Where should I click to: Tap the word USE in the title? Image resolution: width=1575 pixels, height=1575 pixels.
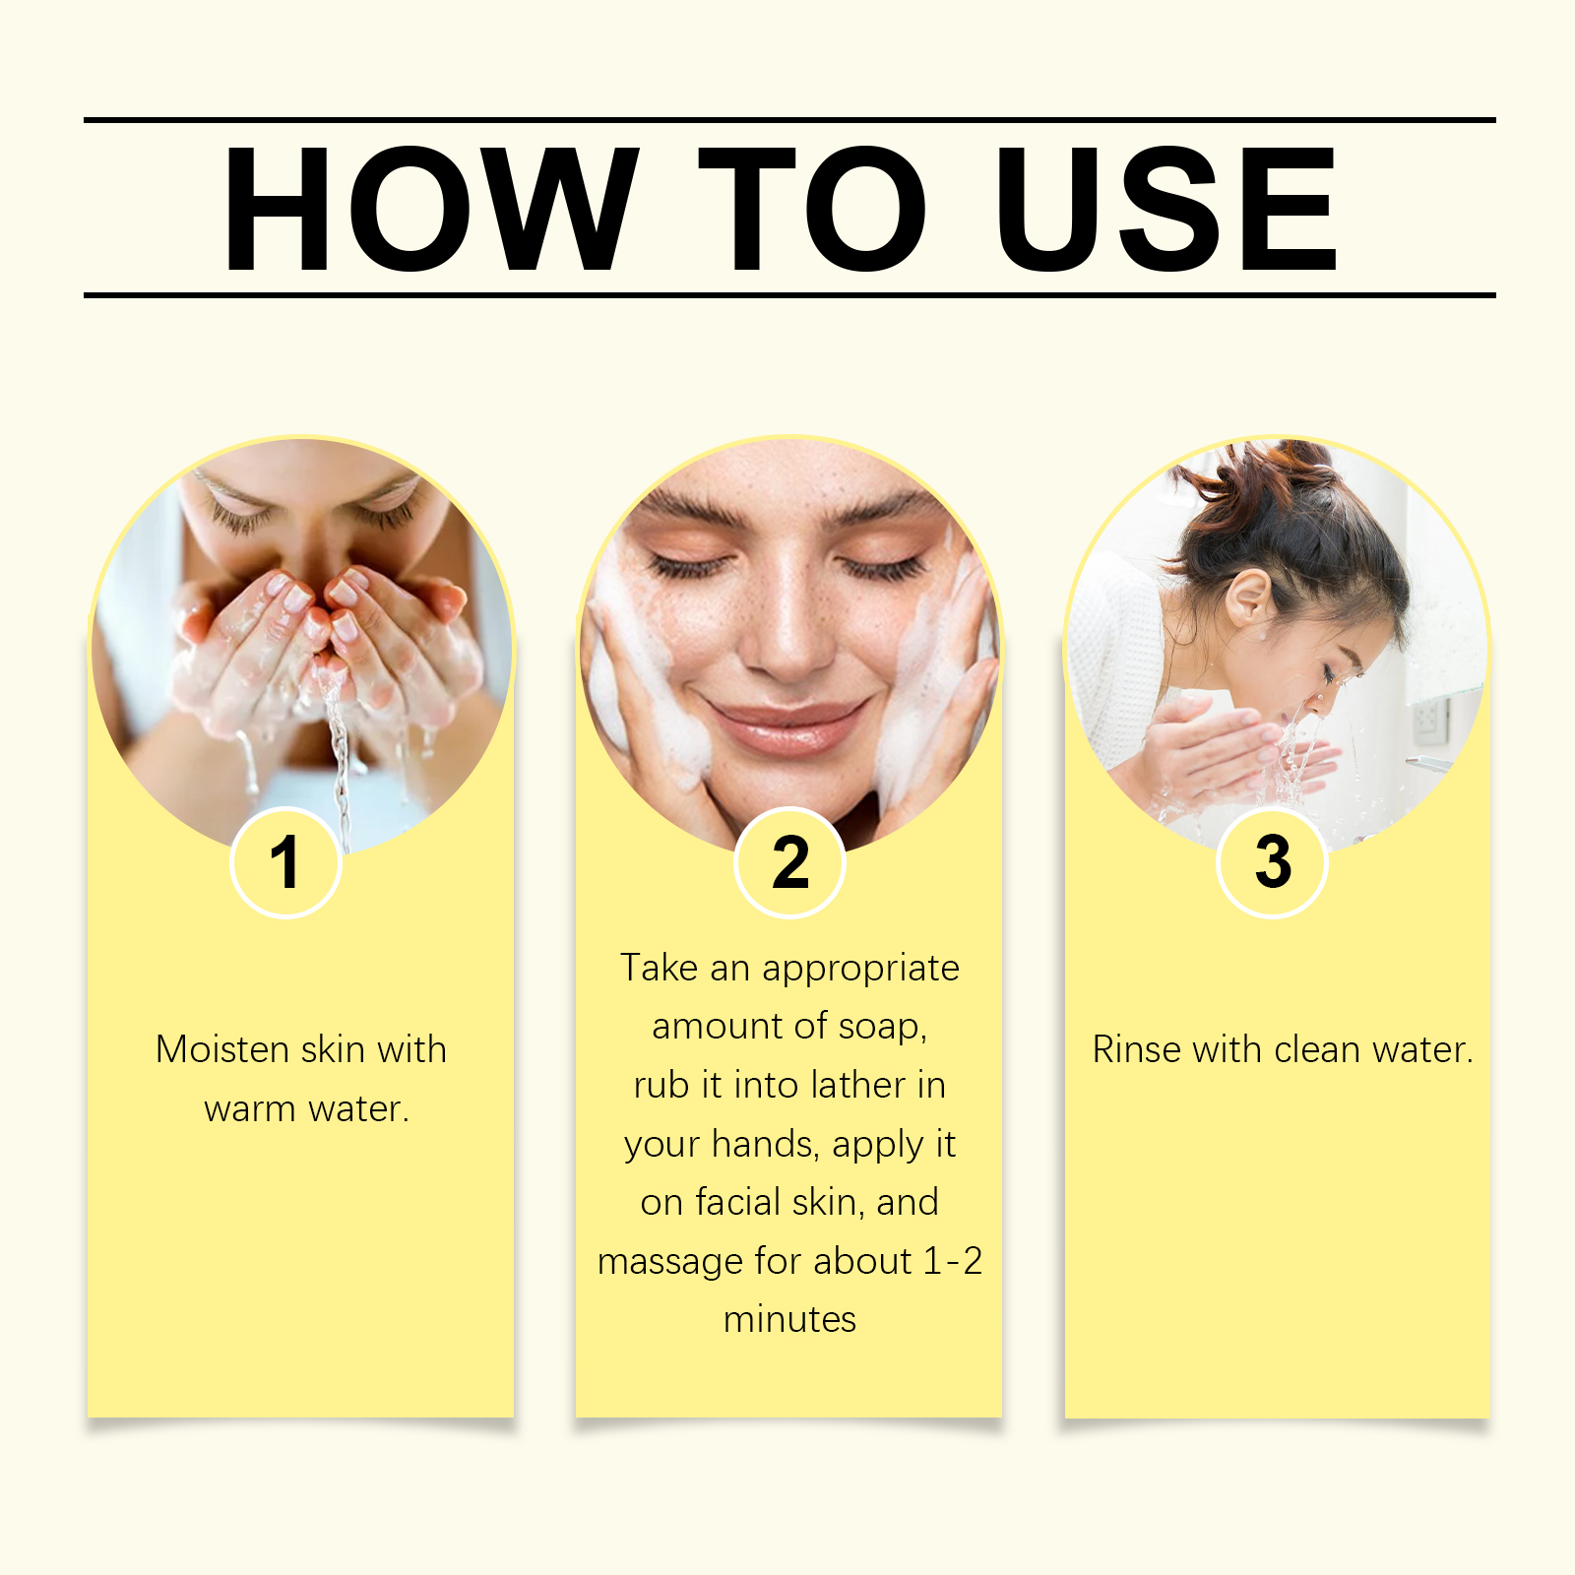pyautogui.click(x=1166, y=209)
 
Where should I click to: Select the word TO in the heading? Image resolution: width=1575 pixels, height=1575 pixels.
pyautogui.click(x=813, y=209)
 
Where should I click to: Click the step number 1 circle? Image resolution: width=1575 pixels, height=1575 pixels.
pyautogui.click(x=285, y=863)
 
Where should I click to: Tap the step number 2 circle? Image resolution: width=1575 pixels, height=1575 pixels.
pyautogui.click(x=789, y=863)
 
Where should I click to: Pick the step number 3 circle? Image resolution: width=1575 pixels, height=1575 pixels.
pyautogui.click(x=1273, y=863)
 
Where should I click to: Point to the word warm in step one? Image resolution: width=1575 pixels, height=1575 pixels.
pyautogui.click(x=250, y=1109)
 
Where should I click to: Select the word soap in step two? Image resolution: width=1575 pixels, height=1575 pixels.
pyautogui.click(x=882, y=1027)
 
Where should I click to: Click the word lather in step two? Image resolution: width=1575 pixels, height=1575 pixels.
pyautogui.click(x=858, y=1085)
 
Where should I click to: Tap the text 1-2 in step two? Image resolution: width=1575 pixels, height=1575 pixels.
pyautogui.click(x=953, y=1261)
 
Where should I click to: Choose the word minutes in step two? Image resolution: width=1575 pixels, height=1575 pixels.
pyautogui.click(x=789, y=1319)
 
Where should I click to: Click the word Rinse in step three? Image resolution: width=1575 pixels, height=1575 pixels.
pyautogui.click(x=1137, y=1049)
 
